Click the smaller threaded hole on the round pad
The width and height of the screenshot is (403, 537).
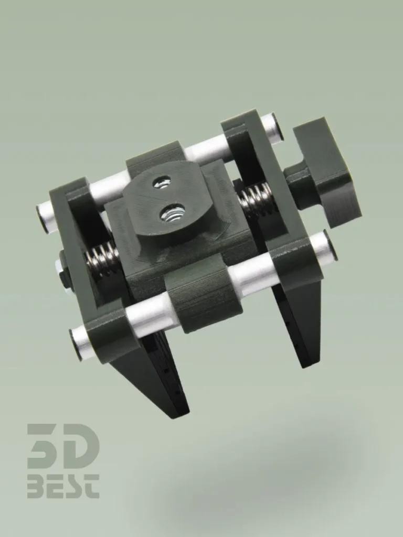coord(162,181)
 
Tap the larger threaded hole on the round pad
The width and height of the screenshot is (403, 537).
coord(172,214)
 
